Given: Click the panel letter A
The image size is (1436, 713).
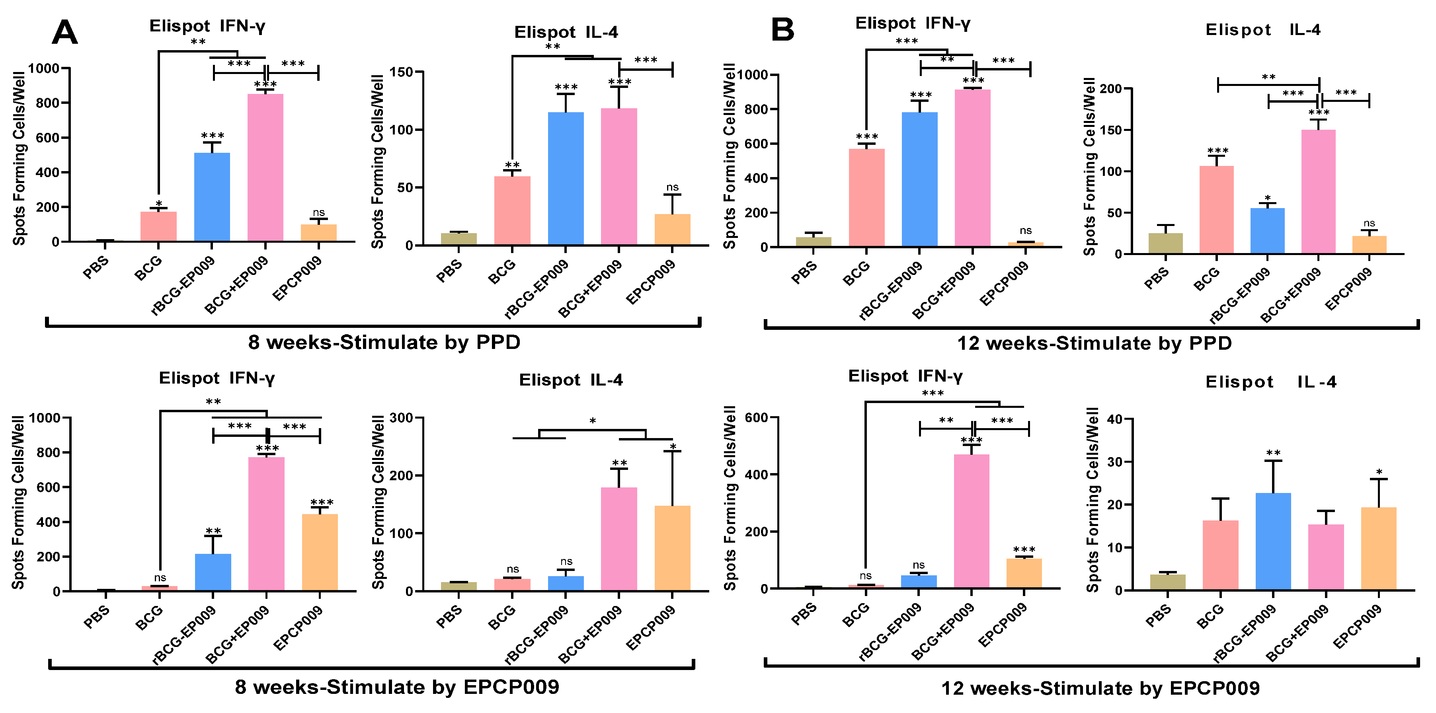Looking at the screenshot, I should pyautogui.click(x=64, y=32).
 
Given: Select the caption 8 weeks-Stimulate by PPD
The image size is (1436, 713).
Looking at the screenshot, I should pyautogui.click(x=384, y=342).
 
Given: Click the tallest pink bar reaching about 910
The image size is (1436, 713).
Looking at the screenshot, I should pyautogui.click(x=972, y=167).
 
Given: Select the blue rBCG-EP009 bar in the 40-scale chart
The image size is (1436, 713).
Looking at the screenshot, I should pyautogui.click(x=1273, y=541).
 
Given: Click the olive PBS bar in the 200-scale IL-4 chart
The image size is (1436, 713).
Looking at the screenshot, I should pyautogui.click(x=1165, y=244).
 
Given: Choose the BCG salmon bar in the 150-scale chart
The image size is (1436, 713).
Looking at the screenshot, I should pyautogui.click(x=512, y=211).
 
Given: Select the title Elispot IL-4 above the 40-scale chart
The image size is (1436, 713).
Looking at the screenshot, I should pyautogui.click(x=1270, y=382).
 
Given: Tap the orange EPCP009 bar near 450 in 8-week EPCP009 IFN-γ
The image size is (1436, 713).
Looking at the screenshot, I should pyautogui.click(x=320, y=552).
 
